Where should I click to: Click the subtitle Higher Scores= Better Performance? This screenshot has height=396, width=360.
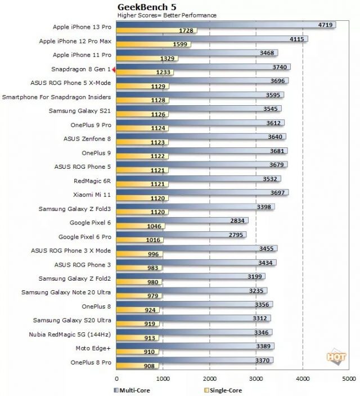(x=166, y=15)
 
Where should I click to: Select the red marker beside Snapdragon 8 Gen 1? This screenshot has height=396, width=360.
(x=114, y=69)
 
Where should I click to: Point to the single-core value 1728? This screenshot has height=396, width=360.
(x=187, y=30)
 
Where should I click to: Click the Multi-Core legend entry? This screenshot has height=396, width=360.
(x=136, y=389)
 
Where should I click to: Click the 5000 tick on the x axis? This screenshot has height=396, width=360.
(x=349, y=379)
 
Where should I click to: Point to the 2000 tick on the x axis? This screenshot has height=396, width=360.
(x=209, y=379)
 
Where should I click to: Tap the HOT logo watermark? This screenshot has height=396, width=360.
(x=335, y=357)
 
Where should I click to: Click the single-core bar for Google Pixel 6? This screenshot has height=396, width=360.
(x=140, y=227)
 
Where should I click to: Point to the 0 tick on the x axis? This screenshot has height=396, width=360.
(x=116, y=379)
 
